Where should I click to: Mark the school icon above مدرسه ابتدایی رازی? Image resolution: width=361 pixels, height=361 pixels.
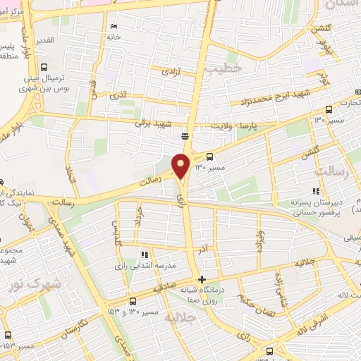144,255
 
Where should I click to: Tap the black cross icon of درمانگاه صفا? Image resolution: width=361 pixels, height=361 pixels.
203,279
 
